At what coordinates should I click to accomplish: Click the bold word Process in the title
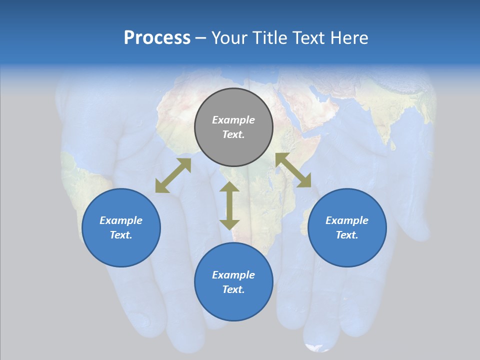(x=157, y=38)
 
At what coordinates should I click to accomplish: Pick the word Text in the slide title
(x=309, y=38)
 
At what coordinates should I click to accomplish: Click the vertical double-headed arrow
(x=229, y=205)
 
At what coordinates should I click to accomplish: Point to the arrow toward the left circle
(x=173, y=175)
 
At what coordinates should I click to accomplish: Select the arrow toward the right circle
(x=293, y=170)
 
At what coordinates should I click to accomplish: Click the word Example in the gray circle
(x=233, y=120)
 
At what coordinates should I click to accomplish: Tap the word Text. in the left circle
(x=121, y=235)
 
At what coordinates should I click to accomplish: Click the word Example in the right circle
(x=347, y=220)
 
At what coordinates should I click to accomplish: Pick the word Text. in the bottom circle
(x=233, y=289)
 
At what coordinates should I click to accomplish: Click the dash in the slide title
(x=201, y=38)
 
